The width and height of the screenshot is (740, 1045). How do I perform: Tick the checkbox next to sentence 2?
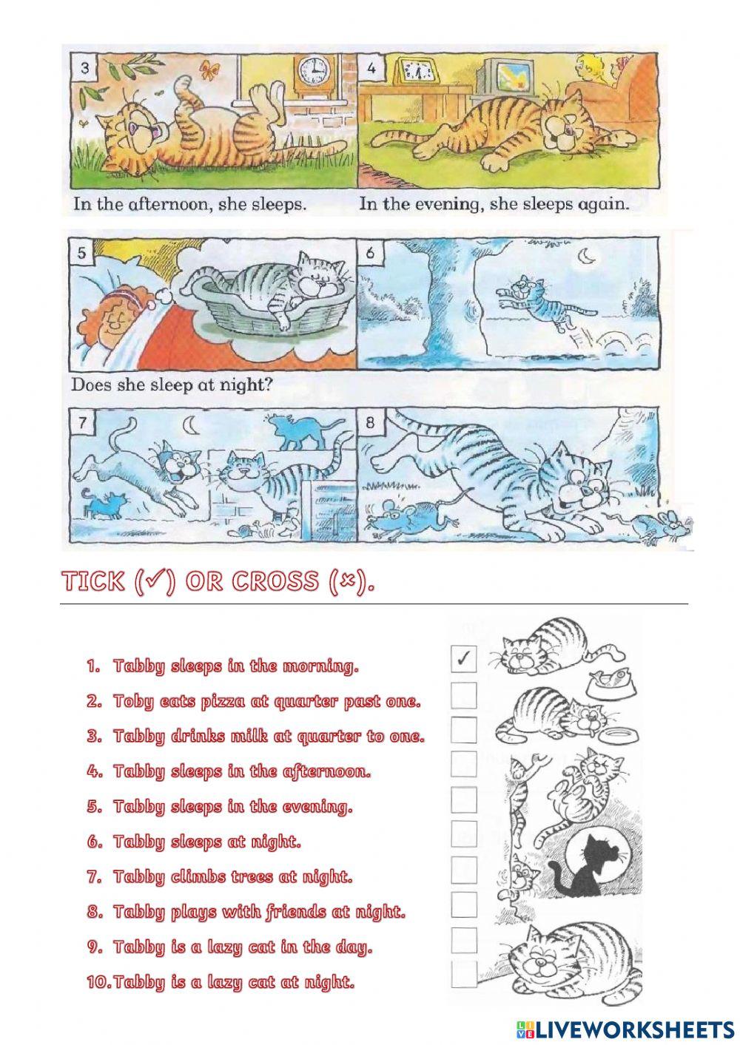click(x=464, y=694)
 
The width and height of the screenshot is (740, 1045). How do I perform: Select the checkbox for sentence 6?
click(x=464, y=834)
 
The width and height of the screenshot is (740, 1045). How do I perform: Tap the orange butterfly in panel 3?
click(x=210, y=70)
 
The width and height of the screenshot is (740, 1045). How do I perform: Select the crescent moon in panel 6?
click(x=587, y=256)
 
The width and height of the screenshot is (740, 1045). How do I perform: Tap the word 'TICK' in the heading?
click(x=93, y=582)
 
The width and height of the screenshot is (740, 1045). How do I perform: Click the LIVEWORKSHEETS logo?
click(x=625, y=1029)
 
